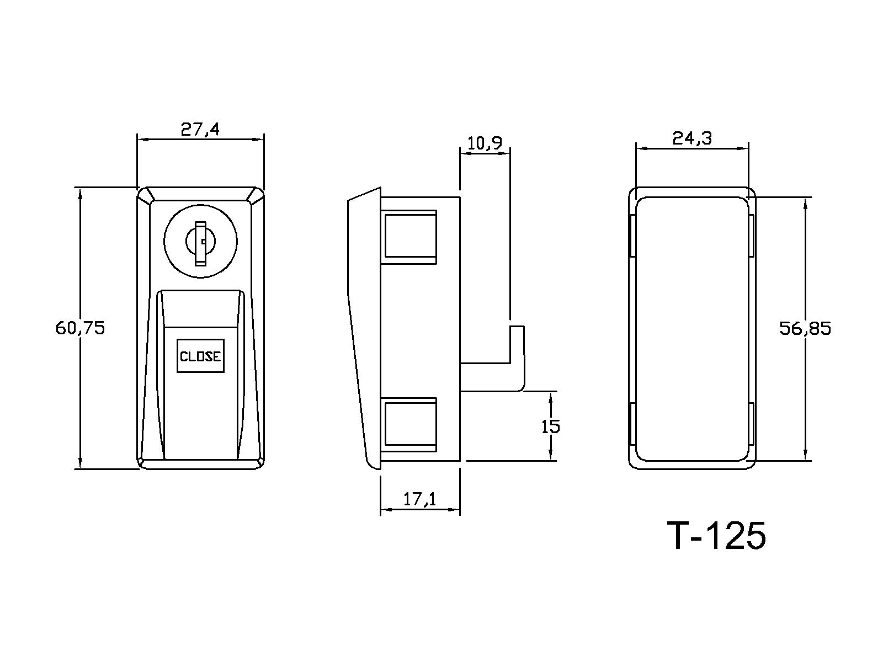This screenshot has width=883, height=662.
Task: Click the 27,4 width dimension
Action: (x=200, y=130)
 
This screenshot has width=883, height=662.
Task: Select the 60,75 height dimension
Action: (x=80, y=328)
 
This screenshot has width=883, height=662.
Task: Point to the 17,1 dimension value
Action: (x=419, y=499)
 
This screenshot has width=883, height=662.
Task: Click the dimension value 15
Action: (x=550, y=426)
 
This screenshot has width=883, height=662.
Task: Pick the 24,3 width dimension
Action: (x=692, y=138)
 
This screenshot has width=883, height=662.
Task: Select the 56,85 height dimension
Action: (x=805, y=329)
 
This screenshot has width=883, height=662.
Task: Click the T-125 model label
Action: (x=716, y=535)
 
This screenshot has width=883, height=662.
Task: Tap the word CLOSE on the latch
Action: (x=200, y=356)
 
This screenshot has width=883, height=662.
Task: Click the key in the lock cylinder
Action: (x=200, y=243)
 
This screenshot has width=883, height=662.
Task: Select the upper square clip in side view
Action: (x=409, y=236)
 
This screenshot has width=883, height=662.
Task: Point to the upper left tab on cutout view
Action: (x=632, y=236)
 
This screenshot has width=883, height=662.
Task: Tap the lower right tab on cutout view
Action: (x=752, y=424)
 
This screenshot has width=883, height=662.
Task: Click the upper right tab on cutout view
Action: (x=752, y=236)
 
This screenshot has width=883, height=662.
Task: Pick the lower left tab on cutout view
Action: (x=632, y=424)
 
